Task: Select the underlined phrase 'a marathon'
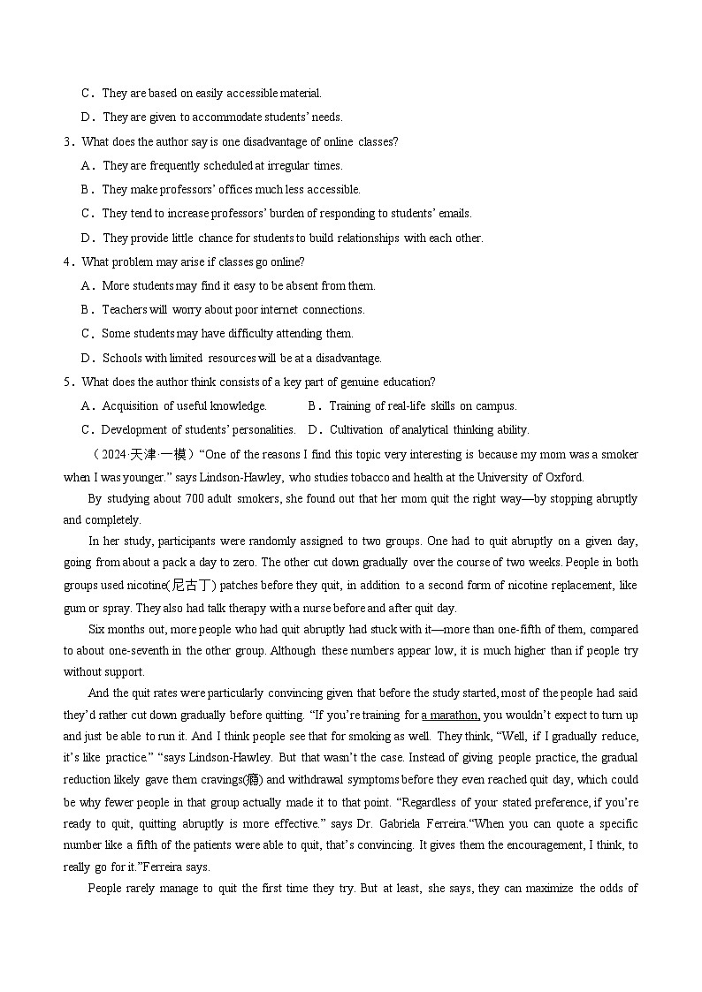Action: (451, 715)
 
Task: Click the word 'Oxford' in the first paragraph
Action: (563, 478)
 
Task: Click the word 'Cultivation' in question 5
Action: (357, 430)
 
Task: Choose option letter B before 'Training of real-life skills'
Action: (313, 406)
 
